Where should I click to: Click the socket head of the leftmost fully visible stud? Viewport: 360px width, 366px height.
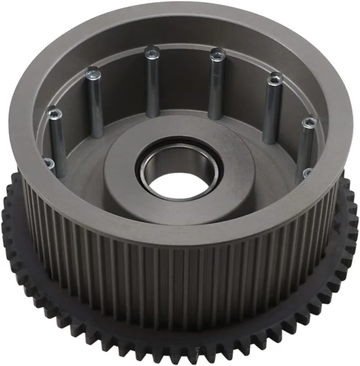coord(55,114)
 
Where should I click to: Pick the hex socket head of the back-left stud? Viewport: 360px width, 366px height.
coord(152,53)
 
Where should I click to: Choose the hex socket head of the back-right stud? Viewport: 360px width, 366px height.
coord(217,54)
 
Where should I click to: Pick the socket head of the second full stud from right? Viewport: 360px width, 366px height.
coord(275,79)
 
